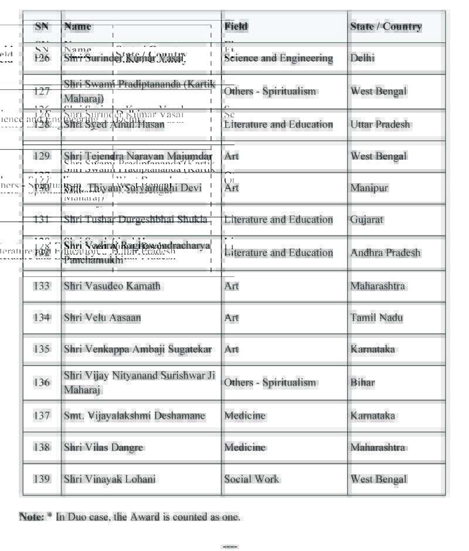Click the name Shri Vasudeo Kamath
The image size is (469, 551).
(112, 286)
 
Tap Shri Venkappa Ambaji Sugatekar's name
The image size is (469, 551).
(138, 349)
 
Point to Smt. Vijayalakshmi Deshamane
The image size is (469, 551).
(134, 415)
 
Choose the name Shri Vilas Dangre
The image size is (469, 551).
(103, 447)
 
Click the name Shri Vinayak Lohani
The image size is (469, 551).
(110, 479)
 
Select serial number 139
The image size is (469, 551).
(42, 479)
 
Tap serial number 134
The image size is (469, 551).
(42, 317)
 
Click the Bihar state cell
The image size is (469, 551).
(362, 382)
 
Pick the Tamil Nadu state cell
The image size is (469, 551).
(377, 317)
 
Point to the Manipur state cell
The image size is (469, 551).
(369, 188)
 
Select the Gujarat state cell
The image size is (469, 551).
(366, 219)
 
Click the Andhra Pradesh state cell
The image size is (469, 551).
(385, 252)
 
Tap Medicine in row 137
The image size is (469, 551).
(244, 415)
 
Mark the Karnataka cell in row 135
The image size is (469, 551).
(372, 349)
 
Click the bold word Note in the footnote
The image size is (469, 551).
(31, 516)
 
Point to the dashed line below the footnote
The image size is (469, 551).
(230, 546)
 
